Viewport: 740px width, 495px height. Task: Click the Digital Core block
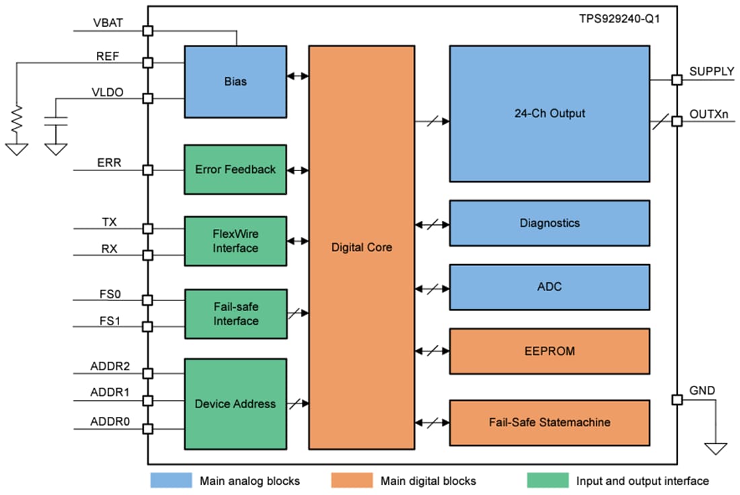pos(361,247)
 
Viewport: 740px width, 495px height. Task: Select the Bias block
pos(235,81)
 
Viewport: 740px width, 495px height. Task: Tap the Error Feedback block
pos(235,170)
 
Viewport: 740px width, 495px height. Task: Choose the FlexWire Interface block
pos(235,241)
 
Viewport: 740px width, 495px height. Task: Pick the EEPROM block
pos(549,351)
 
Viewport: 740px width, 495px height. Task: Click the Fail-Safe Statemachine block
pos(549,422)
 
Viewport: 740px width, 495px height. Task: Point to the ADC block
pos(549,287)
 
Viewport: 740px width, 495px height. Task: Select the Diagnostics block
pos(549,223)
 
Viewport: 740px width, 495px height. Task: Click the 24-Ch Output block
pos(549,113)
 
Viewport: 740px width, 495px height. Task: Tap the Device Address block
pos(235,404)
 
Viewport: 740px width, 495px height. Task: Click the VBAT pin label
pos(108,22)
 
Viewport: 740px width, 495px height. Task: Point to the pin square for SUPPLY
pos(677,79)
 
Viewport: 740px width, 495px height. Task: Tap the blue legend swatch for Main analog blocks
pos(171,481)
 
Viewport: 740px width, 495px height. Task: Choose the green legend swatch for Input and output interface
pos(548,481)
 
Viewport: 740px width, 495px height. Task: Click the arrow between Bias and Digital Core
pos(297,76)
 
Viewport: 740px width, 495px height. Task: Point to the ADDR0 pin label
pos(110,422)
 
